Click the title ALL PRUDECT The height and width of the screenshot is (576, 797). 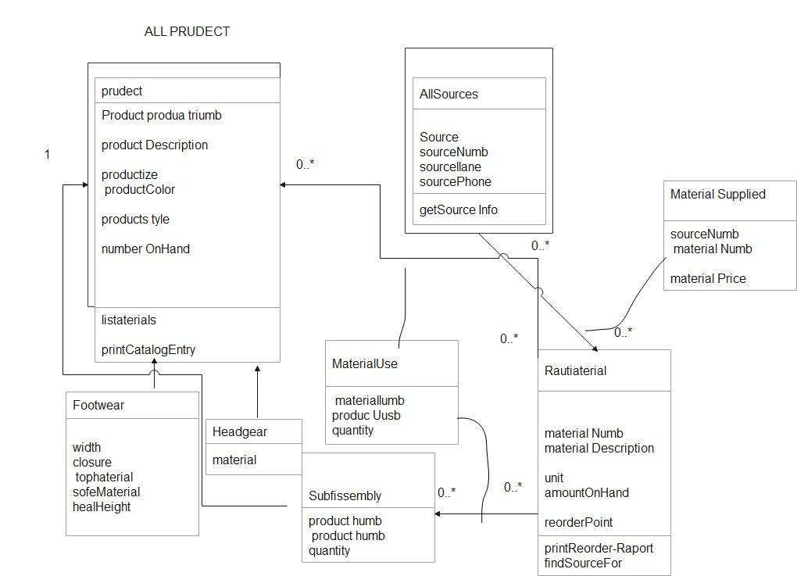coord(187,32)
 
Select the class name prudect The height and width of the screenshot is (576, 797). coord(122,91)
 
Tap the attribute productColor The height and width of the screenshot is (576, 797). coord(140,190)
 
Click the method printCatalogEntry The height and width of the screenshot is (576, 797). coord(148,349)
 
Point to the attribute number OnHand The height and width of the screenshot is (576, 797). coord(145,249)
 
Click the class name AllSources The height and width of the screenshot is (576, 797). coord(449,94)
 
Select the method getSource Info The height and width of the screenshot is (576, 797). coord(459,209)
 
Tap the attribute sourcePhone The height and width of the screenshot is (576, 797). coord(456,182)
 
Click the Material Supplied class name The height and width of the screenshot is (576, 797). coord(717,194)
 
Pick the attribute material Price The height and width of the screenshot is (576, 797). coord(708,278)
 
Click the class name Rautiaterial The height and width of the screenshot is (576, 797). coord(575,370)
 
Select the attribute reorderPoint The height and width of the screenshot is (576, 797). coord(578,522)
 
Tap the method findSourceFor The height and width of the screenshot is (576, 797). coord(583,563)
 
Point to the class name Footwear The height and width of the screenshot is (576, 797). coord(98,406)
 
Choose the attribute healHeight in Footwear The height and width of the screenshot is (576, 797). coord(102,506)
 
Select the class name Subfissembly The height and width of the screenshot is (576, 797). coord(345,496)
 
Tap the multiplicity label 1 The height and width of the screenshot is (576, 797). coord(47,155)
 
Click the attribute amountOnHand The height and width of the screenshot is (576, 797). coord(586,492)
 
